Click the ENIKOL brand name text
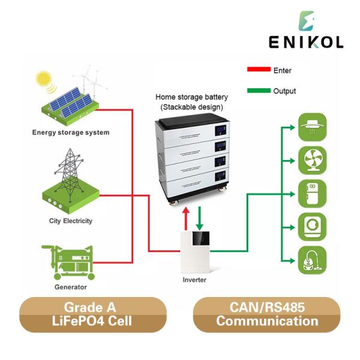(306, 43)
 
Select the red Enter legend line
(259, 70)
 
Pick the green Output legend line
(259, 91)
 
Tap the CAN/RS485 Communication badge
(267, 314)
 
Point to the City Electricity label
(71, 221)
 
